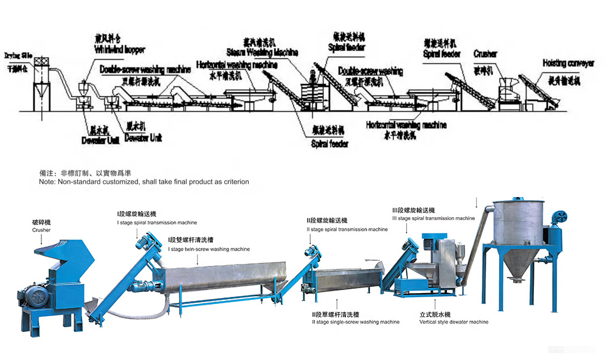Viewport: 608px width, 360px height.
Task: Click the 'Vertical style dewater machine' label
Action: tap(454, 322)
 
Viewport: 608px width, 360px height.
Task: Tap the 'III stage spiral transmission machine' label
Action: tap(433, 218)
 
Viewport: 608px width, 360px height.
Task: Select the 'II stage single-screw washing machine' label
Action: tap(355, 322)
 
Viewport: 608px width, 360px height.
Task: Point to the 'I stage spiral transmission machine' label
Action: tap(157, 223)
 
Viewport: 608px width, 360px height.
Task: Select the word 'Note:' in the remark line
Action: tap(47, 182)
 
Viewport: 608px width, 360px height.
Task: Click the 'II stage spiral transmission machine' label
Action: tap(347, 230)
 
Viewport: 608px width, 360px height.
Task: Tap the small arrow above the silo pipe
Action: tap(477, 201)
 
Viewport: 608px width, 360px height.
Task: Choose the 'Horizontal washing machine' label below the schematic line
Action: tap(406, 125)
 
